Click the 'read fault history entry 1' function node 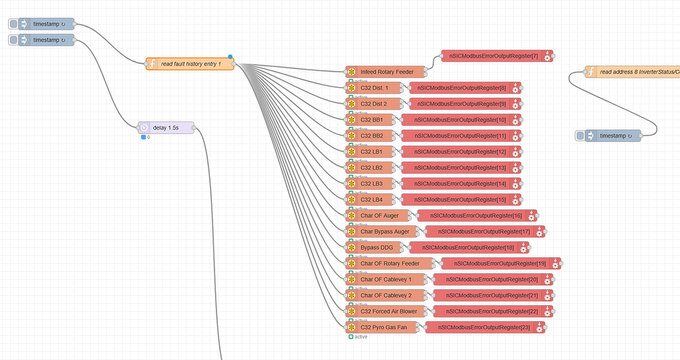[x=191, y=64]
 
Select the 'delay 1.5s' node [x=166, y=128]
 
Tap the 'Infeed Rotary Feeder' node [x=387, y=72]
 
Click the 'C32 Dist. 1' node [x=375, y=88]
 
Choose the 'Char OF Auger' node [x=379, y=215]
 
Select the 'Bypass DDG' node [x=377, y=247]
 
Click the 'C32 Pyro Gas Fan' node [x=383, y=327]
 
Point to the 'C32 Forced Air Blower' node [x=388, y=311]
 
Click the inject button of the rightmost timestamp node [x=580, y=135]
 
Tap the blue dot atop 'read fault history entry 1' [x=230, y=57]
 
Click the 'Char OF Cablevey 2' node [x=385, y=295]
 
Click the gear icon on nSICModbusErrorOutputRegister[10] [x=515, y=120]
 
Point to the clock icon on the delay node [x=144, y=128]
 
